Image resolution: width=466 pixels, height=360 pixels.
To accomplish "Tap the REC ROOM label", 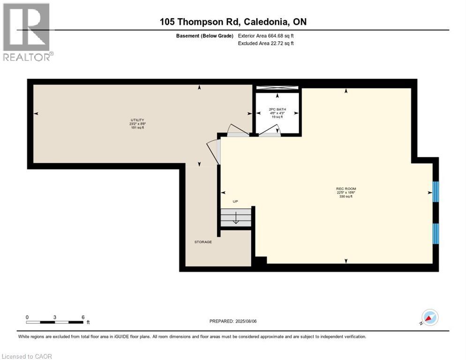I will pos(346,189).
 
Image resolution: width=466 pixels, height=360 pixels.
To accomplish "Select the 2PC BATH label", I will pos(278,110).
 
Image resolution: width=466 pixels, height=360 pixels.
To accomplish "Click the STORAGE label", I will pos(203,242).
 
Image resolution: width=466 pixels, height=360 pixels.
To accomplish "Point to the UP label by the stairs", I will pos(236,202).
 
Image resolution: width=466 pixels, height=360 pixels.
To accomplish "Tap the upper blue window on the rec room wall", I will pos(435,191).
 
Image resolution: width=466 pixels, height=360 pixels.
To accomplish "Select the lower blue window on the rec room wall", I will pos(435,233).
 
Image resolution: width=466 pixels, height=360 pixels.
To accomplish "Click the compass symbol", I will pos(430,317).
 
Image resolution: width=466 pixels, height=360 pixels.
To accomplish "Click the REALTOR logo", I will pos(27,32).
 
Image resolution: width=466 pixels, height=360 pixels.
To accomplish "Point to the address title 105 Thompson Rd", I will pos(233,22).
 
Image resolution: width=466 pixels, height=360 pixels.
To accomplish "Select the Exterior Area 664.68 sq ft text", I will pos(266,36).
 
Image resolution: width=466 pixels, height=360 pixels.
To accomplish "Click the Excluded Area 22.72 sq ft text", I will pos(266,44).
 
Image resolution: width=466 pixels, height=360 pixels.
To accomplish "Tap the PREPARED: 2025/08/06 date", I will pos(233,321).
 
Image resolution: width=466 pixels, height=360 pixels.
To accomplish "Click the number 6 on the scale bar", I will pos(83,317).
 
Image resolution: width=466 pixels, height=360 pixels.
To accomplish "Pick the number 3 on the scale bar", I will pos(55,317).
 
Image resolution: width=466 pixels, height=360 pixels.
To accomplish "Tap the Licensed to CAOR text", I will pos(27,356).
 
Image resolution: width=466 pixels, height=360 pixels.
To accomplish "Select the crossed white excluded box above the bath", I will pos(277,88).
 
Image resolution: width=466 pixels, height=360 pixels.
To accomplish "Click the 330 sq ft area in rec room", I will pos(346,197).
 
